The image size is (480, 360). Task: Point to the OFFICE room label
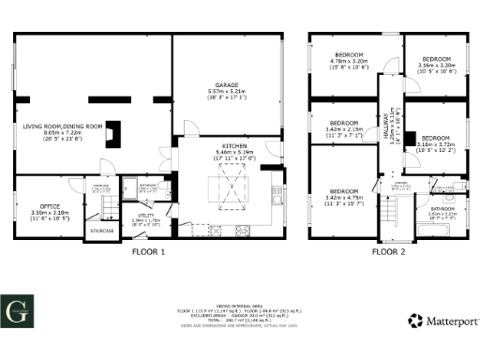50,206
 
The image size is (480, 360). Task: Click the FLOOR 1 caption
149,252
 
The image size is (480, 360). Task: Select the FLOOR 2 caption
388,252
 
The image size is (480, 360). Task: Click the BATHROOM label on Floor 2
442,208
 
